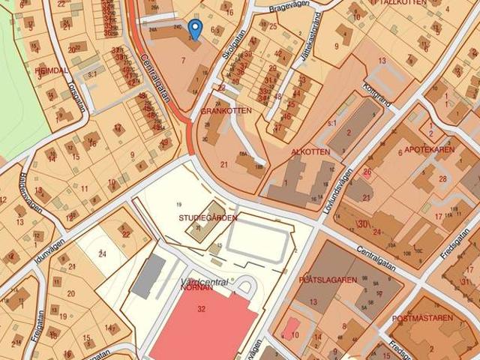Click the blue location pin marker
coord(195,29)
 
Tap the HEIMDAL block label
coord(52,70)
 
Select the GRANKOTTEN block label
coord(226,110)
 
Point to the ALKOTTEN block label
coord(310,152)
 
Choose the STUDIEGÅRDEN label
coord(208,218)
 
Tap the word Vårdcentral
coord(205,282)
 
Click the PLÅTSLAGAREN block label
coord(327,280)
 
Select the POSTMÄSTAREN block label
coord(423,317)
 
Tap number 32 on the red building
coord(201,308)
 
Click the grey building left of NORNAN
coord(148,275)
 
